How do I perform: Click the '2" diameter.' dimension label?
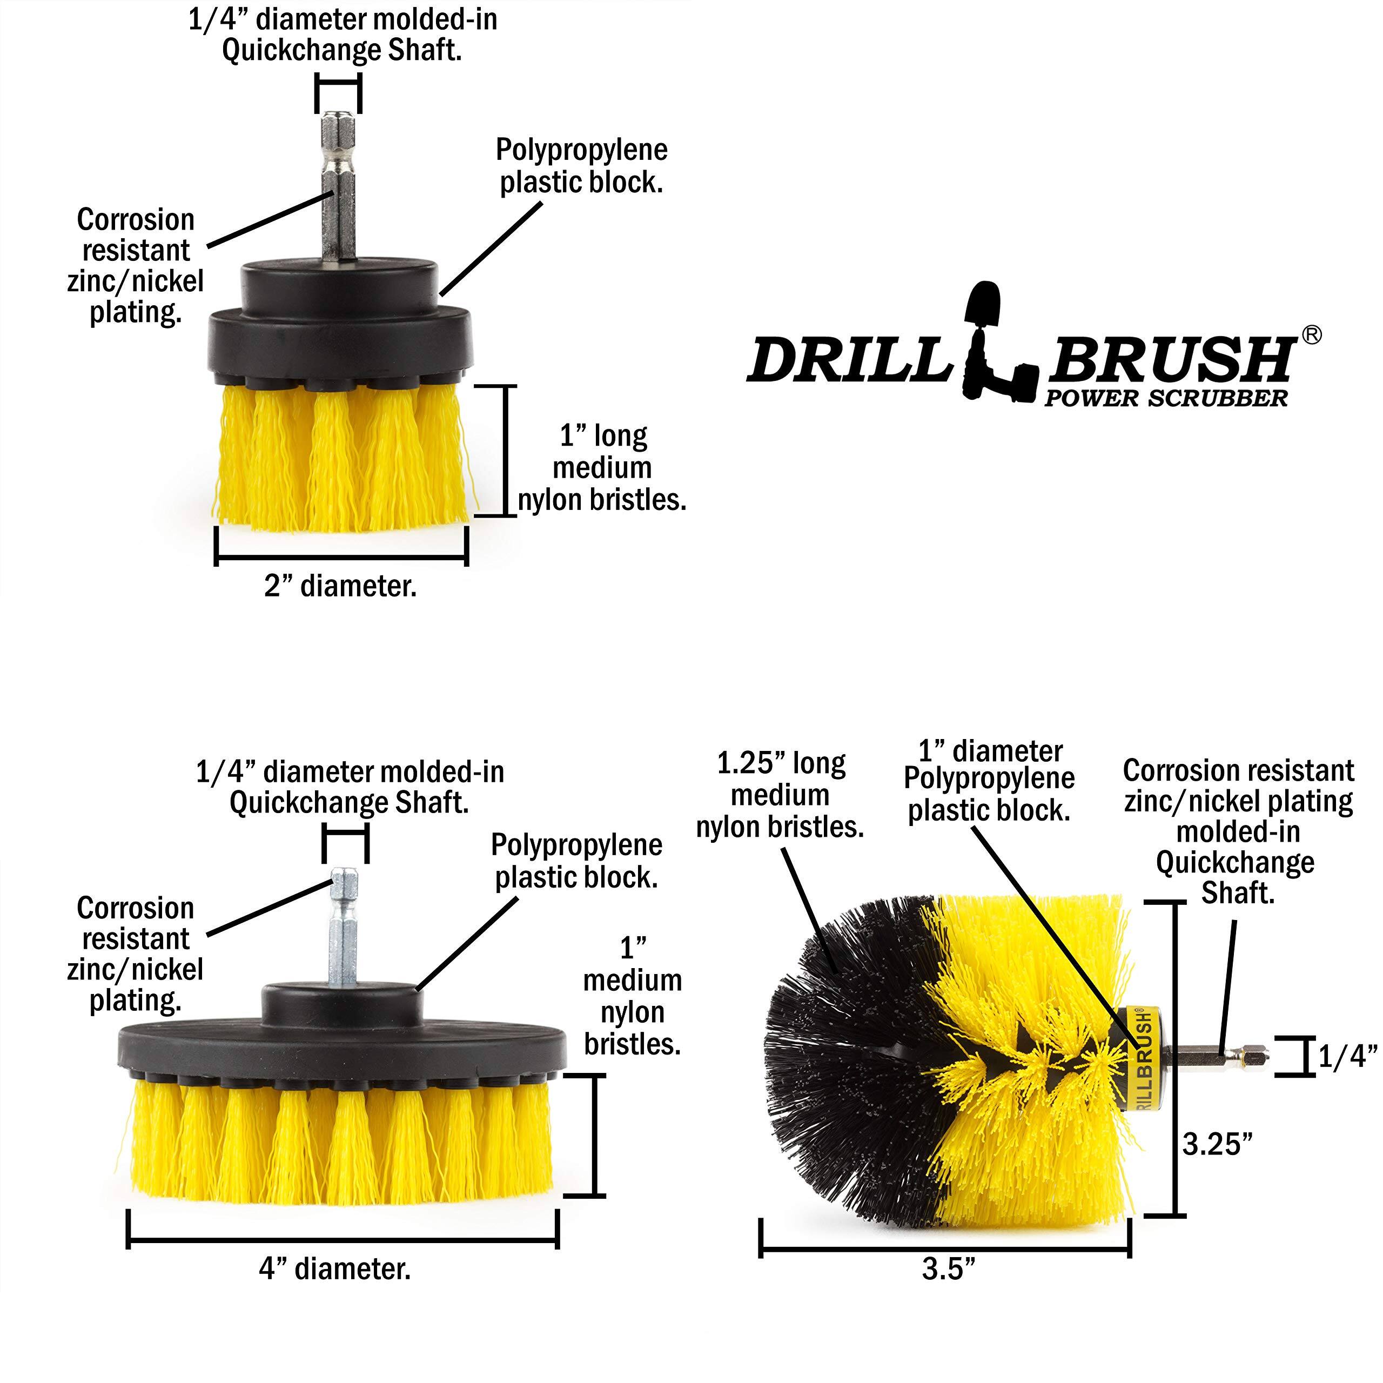coord(340,586)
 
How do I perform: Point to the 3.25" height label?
coord(1217,1144)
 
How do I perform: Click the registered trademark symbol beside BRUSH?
coord(1311,335)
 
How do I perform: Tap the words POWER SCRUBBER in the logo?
coord(1165,399)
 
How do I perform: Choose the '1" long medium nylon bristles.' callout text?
coord(601,468)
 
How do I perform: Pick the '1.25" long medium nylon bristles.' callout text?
coord(780,795)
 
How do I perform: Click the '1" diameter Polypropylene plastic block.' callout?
coord(989,781)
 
